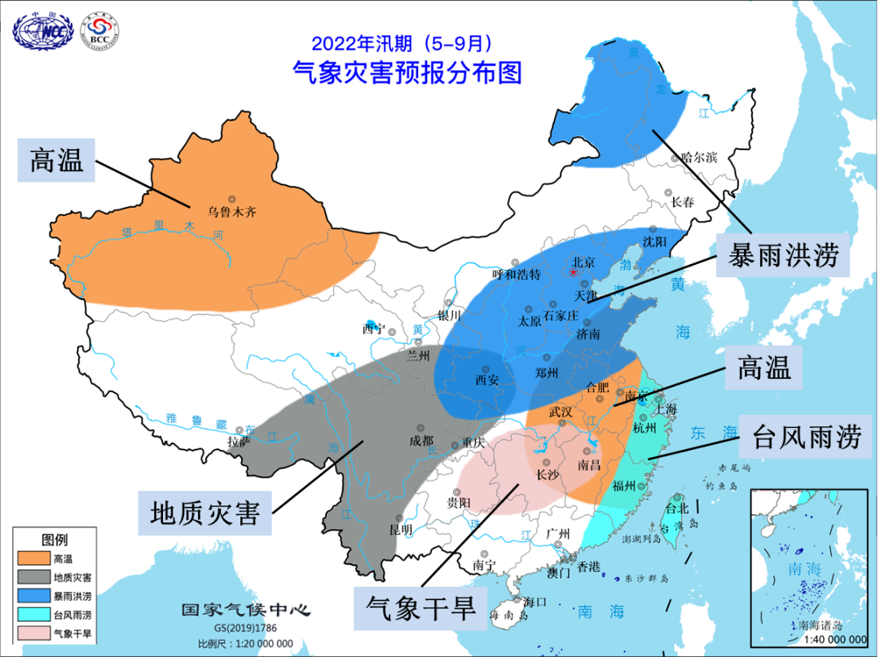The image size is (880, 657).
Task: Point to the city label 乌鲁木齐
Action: click(x=231, y=211)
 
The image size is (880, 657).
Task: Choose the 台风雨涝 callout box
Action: click(x=806, y=439)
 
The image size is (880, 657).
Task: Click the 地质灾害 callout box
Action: click(x=204, y=513)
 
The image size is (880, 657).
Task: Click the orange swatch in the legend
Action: click(x=33, y=558)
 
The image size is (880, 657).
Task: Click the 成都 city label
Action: click(x=421, y=440)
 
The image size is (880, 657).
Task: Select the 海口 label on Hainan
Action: click(x=535, y=602)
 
